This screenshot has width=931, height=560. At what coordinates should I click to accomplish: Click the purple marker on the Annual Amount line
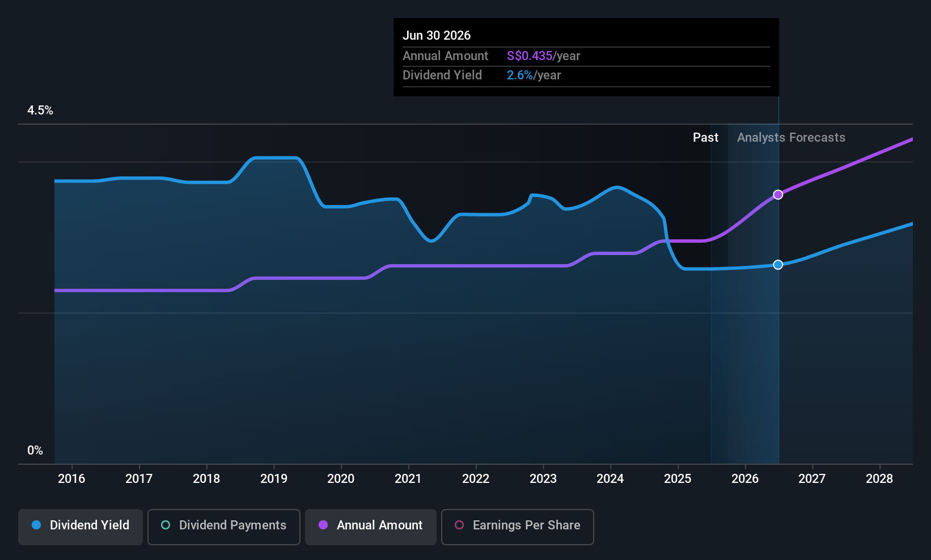pos(778,195)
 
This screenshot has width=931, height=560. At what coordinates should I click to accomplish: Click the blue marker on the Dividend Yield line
pos(778,265)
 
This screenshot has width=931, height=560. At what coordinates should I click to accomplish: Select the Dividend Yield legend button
pos(80,527)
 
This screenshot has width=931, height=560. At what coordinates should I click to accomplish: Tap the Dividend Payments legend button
pos(223,527)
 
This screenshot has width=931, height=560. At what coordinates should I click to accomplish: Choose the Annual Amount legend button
pos(371,527)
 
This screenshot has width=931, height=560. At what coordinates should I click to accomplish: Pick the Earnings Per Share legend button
pos(518,527)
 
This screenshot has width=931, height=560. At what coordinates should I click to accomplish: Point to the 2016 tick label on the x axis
pos(71,478)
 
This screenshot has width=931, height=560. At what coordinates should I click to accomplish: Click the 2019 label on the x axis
pos(274,478)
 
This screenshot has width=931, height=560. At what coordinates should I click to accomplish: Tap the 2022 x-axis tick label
pos(476,478)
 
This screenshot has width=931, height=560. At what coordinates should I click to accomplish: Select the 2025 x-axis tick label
pos(678,478)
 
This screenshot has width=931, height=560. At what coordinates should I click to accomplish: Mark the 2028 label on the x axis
pos(879,478)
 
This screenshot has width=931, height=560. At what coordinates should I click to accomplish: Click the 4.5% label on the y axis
pos(40,111)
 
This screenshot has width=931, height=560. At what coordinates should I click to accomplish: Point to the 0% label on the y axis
pos(35,451)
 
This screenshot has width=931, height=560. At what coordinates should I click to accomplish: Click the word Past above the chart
pos(705,138)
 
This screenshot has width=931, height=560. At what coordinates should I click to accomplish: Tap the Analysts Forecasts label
pos(791,138)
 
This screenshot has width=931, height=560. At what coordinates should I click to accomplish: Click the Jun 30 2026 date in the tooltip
pos(437,36)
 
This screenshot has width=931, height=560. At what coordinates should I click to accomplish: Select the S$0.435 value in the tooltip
pos(530,56)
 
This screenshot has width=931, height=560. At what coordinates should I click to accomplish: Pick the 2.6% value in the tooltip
pos(519,75)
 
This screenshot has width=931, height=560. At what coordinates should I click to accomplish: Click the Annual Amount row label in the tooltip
pos(445,56)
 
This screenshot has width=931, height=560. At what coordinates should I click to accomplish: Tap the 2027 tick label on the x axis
pos(812,478)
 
